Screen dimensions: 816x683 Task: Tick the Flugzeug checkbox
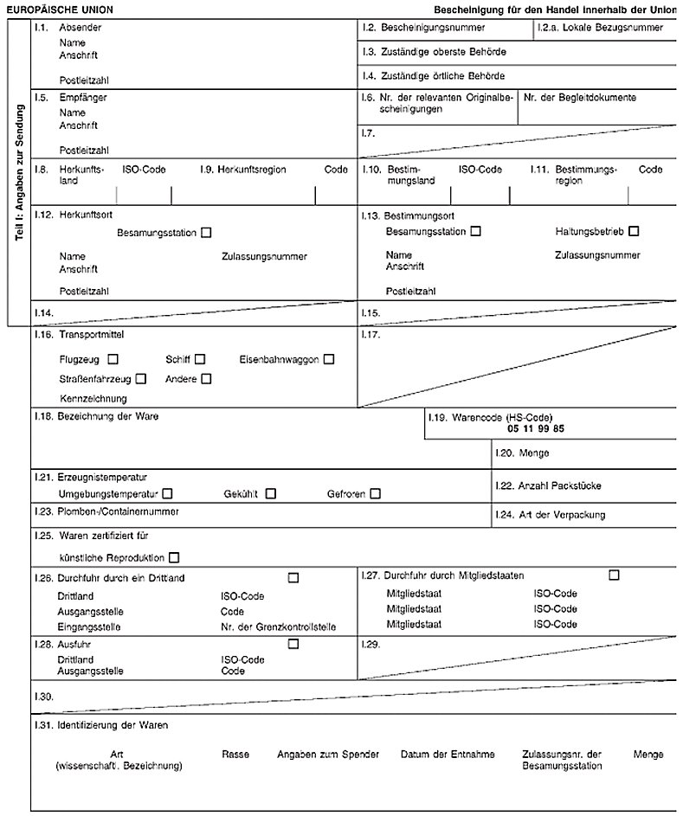[113, 359]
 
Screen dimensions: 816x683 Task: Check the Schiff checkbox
[200, 359]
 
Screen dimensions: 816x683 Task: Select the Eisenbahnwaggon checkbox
[329, 359]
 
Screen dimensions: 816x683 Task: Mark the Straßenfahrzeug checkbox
[141, 378]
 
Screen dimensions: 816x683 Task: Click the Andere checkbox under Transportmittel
[206, 378]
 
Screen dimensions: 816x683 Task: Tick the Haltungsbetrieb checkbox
[635, 231]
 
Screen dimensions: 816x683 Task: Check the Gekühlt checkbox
[271, 493]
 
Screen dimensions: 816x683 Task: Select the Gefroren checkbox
[375, 493]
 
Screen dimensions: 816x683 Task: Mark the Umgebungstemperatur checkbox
[167, 493]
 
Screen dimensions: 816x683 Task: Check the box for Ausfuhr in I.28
[293, 643]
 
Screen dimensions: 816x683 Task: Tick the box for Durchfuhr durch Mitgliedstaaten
[614, 575]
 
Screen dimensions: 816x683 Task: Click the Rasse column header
[235, 755]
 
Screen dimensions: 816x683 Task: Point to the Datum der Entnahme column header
[448, 755]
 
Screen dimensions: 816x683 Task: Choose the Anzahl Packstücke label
[559, 486]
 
